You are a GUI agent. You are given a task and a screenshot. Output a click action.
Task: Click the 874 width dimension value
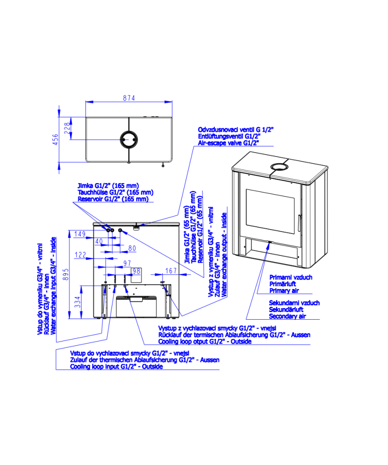pyautogui.click(x=129, y=98)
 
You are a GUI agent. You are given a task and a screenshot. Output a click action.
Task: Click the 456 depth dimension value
pyautogui.click(x=55, y=139)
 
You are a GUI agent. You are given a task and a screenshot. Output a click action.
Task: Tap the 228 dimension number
pyautogui.click(x=67, y=128)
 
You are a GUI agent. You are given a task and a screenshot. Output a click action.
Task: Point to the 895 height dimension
pyautogui.click(x=66, y=274)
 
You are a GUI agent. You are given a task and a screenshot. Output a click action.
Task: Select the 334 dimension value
pyautogui.click(x=77, y=302)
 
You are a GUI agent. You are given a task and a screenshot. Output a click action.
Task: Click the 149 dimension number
pyautogui.click(x=80, y=234)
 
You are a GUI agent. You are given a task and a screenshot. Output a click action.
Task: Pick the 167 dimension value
pyautogui.click(x=171, y=271)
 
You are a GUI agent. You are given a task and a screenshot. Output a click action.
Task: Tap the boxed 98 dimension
pyautogui.click(x=136, y=271)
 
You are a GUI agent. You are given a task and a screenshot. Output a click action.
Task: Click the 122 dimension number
pyautogui.click(x=80, y=255)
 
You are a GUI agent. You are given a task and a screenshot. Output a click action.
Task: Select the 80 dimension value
pyautogui.click(x=132, y=248)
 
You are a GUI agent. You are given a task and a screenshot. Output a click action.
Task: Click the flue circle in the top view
pyautogui.click(x=129, y=139)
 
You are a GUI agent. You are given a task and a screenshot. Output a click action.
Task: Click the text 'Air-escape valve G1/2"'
pyautogui.click(x=228, y=143)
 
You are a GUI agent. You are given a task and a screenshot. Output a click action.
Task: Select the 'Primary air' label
pyautogui.click(x=284, y=291)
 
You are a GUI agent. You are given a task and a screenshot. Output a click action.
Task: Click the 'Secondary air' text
pyautogui.click(x=288, y=316)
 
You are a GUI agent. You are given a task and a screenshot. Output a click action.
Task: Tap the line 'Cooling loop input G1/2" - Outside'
pyautogui.click(x=116, y=367)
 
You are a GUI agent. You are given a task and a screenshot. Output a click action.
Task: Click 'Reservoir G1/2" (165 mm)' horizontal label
pyautogui.click(x=113, y=199)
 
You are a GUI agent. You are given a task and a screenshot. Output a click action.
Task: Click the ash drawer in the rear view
pyautogui.click(x=136, y=307)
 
